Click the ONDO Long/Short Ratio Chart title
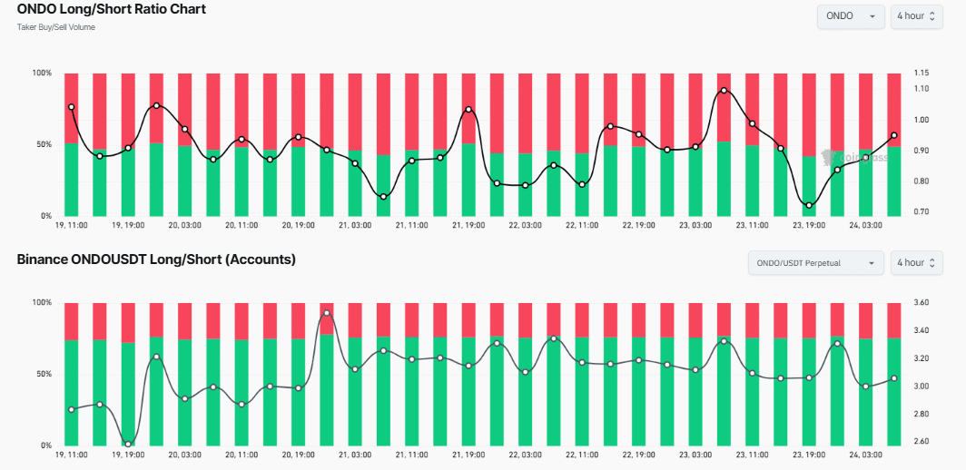tap(112, 10)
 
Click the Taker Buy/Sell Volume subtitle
tap(56, 27)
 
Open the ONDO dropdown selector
tap(851, 16)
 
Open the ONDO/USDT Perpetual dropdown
tap(815, 263)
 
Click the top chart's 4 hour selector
tap(916, 16)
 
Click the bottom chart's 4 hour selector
tap(916, 263)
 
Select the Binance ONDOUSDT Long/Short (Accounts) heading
tap(156, 259)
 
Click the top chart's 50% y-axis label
tap(43, 144)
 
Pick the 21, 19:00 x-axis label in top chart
tap(468, 225)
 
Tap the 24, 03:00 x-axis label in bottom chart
tap(865, 454)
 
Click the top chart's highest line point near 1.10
tap(724, 91)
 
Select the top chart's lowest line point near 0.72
tap(809, 205)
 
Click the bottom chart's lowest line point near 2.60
tap(128, 444)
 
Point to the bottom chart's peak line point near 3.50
tap(327, 313)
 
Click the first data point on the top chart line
tap(71, 107)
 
